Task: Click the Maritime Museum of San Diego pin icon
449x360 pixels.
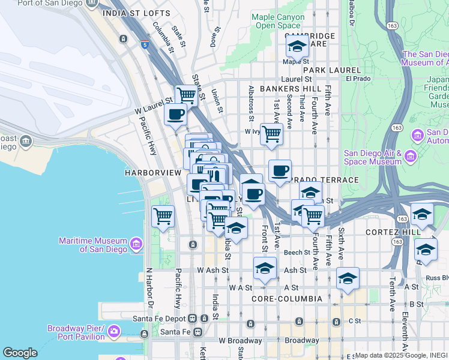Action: point(136,244)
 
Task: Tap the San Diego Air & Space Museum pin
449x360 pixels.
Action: point(411,157)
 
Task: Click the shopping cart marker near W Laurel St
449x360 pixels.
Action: point(187,94)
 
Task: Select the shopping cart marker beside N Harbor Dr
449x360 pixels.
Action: point(163,216)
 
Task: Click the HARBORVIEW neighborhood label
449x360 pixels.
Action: point(152,173)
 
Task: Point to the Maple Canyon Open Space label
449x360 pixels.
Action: point(277,21)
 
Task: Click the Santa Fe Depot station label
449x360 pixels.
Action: point(160,318)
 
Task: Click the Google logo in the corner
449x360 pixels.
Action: point(19,353)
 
